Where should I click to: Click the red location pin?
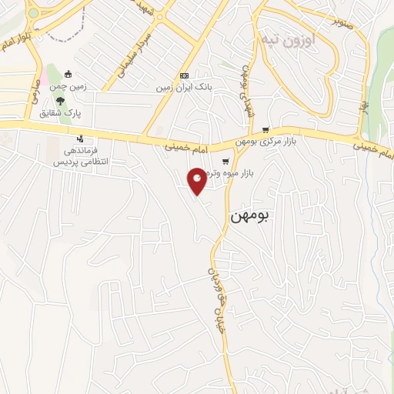pos(197,181)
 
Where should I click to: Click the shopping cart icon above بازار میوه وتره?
pos(225,162)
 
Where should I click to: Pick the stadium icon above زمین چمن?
pos(68,75)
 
